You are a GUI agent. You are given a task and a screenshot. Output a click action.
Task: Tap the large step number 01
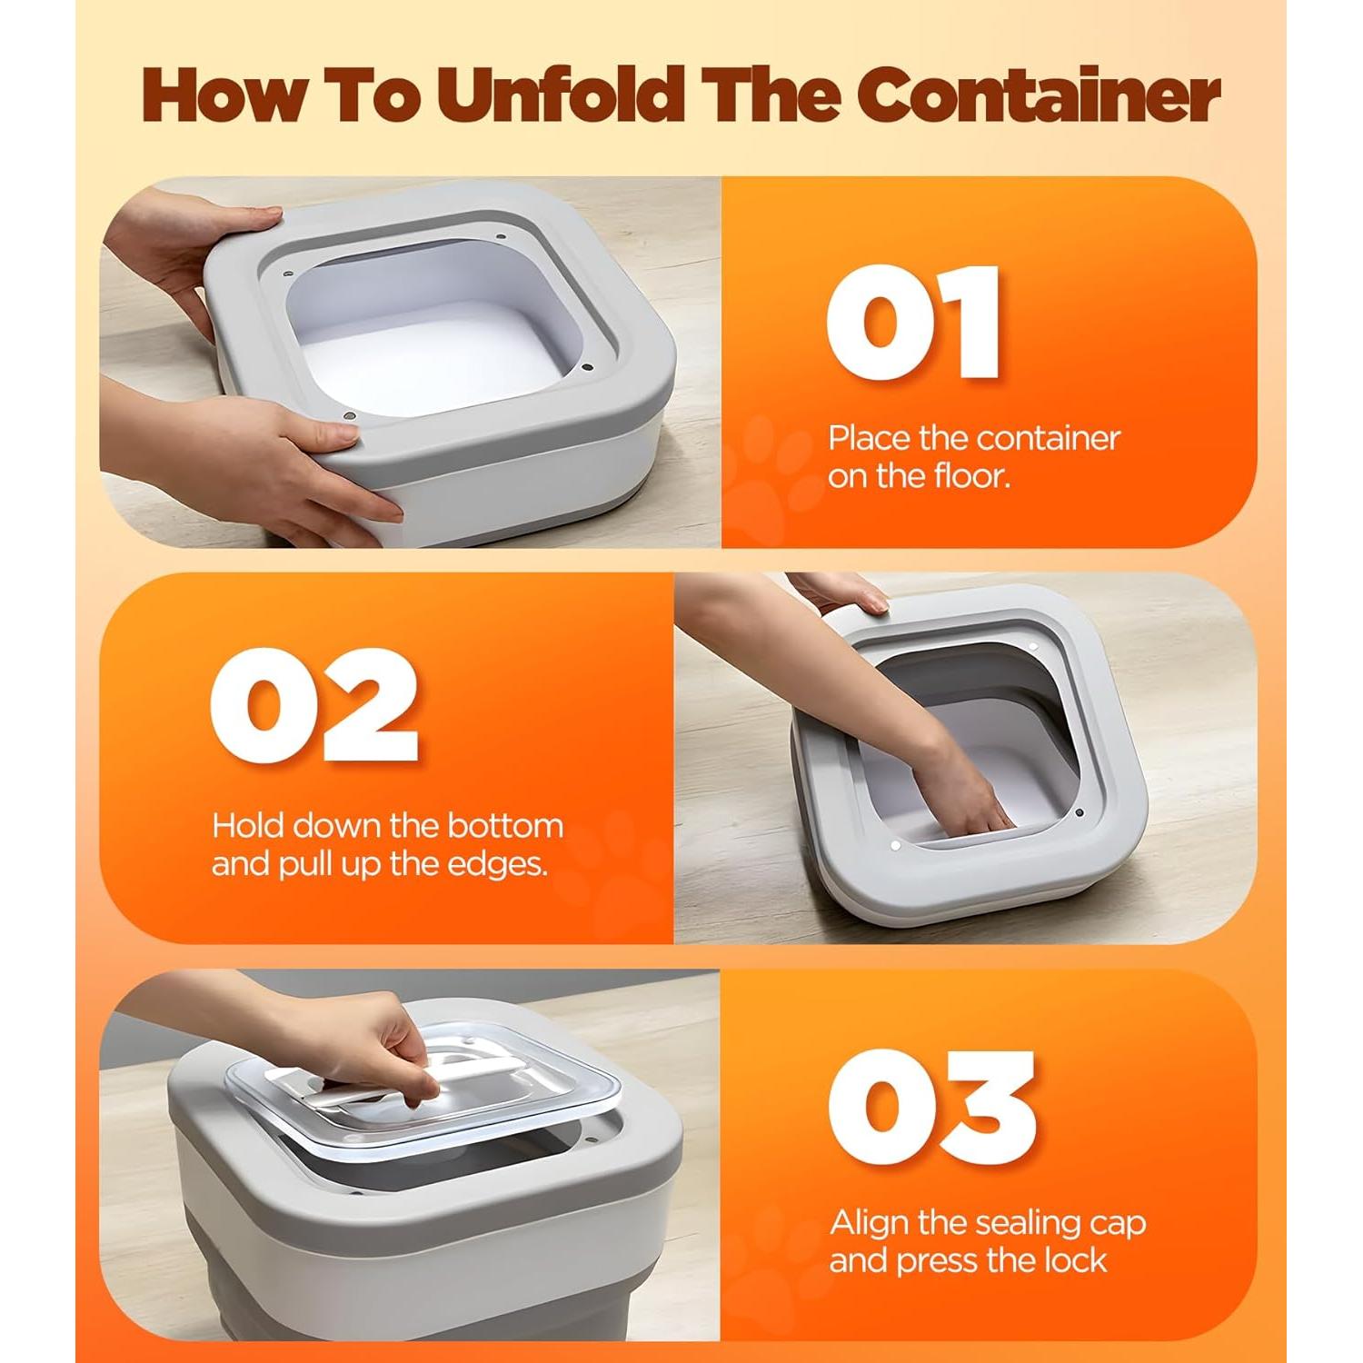tap(912, 323)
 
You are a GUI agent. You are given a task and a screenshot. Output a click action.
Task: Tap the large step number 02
tap(313, 706)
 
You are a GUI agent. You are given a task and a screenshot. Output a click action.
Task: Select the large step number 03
tap(931, 1108)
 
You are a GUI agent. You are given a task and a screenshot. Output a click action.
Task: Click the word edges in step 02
tap(502, 863)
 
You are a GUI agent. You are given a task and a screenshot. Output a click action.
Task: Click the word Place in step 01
tap(869, 438)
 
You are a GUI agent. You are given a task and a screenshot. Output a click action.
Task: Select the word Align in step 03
tap(869, 1223)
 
